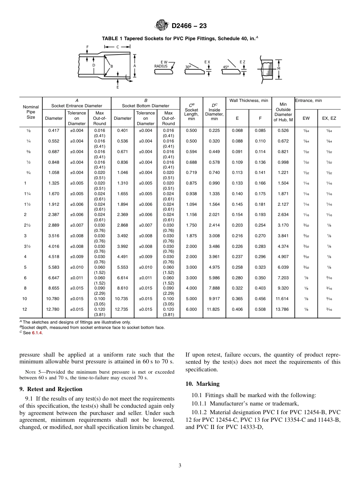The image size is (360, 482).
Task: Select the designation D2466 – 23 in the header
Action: coord(189,26)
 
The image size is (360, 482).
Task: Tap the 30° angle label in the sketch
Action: coord(188,67)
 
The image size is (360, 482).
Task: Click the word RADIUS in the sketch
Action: coord(161,66)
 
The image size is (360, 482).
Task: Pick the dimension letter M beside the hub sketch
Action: coord(279,69)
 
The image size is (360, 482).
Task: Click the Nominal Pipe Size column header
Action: coord(31,112)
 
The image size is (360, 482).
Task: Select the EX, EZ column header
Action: coord(329,118)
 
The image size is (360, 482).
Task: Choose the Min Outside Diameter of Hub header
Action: coord(283,112)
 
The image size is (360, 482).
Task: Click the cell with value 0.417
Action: coord(54,131)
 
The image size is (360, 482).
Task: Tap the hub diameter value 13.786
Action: coord(283,309)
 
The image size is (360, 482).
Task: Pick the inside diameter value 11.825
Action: coord(214,309)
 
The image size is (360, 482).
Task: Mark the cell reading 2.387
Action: coord(54,214)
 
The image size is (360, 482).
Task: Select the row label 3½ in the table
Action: coord(25,246)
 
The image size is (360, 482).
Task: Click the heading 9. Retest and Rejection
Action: coord(51,389)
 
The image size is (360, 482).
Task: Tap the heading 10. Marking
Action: coord(202,384)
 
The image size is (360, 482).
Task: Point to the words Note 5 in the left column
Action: coord(31,371)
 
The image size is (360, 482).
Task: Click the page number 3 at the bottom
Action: coord(180,465)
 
